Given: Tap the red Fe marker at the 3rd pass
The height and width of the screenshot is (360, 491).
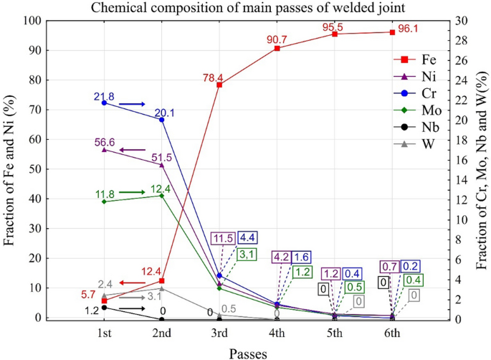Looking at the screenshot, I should (x=219, y=85).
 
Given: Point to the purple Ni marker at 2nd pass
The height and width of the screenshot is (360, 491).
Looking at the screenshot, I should (x=162, y=165).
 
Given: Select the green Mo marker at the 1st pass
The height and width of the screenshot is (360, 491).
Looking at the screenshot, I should (x=104, y=202).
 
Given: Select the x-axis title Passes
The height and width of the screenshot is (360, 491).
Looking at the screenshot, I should (x=248, y=352).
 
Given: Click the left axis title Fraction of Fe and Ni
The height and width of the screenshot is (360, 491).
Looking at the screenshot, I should (x=9, y=170).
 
